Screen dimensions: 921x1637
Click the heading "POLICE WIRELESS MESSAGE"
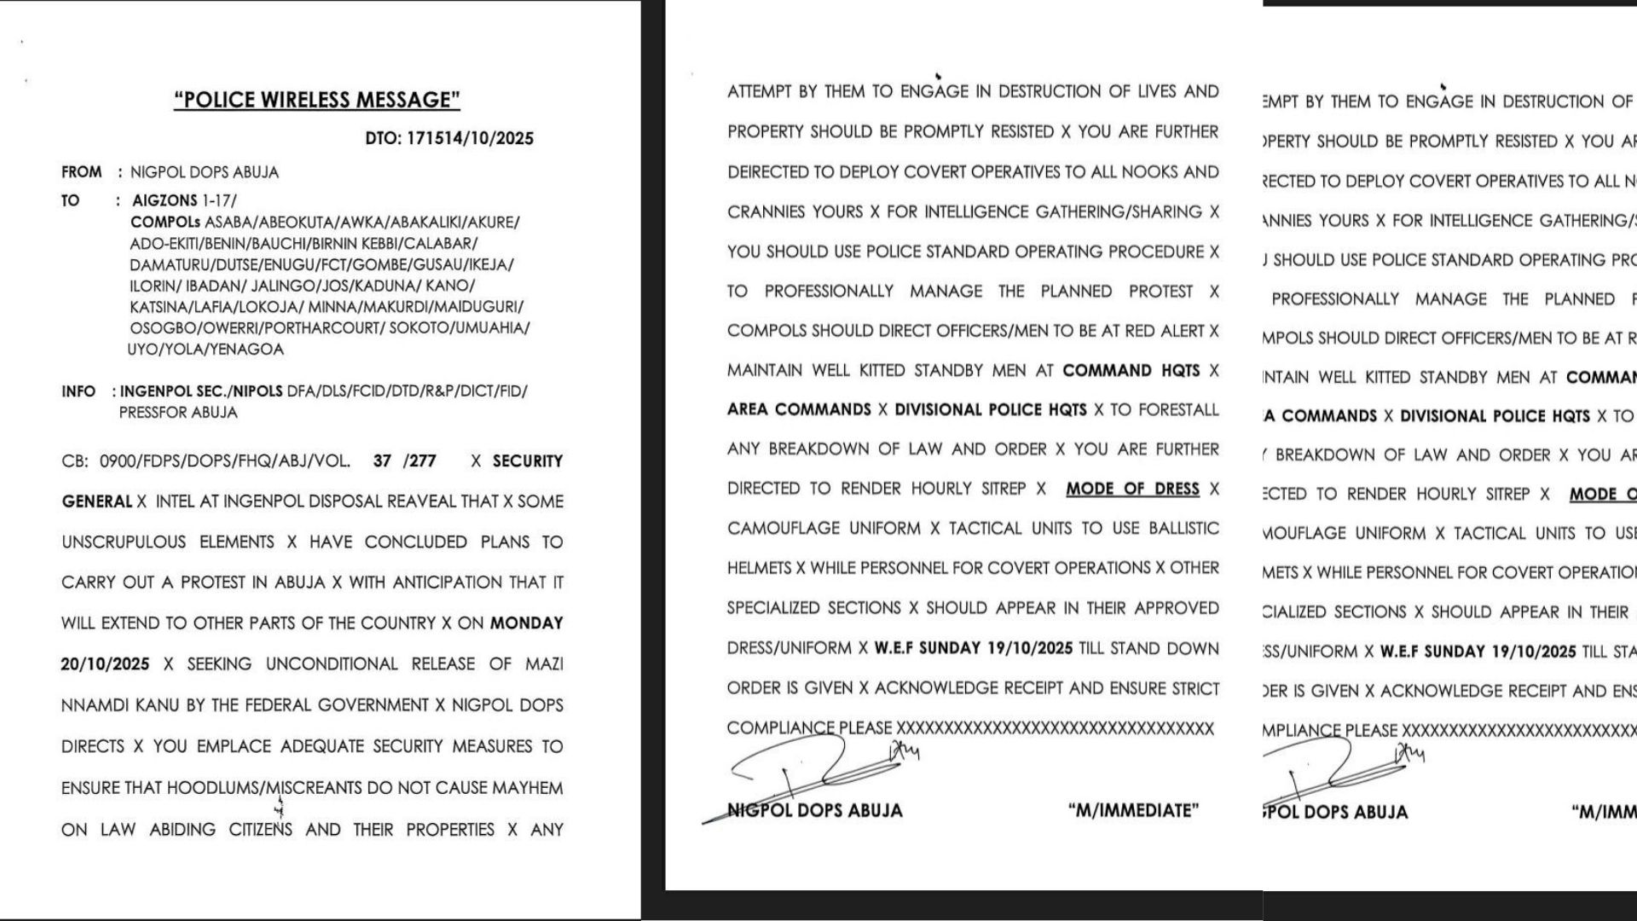point(317,100)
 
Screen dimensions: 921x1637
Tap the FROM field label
point(81,172)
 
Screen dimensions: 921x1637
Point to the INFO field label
point(78,391)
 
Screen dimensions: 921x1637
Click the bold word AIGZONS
point(164,201)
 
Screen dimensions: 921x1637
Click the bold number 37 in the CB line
point(382,461)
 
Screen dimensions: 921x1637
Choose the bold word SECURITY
point(528,461)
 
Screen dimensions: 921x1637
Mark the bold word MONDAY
point(526,623)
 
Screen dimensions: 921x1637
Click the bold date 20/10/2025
point(105,664)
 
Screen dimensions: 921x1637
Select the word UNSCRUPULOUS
point(124,542)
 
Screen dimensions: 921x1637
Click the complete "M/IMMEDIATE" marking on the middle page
point(1133,810)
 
